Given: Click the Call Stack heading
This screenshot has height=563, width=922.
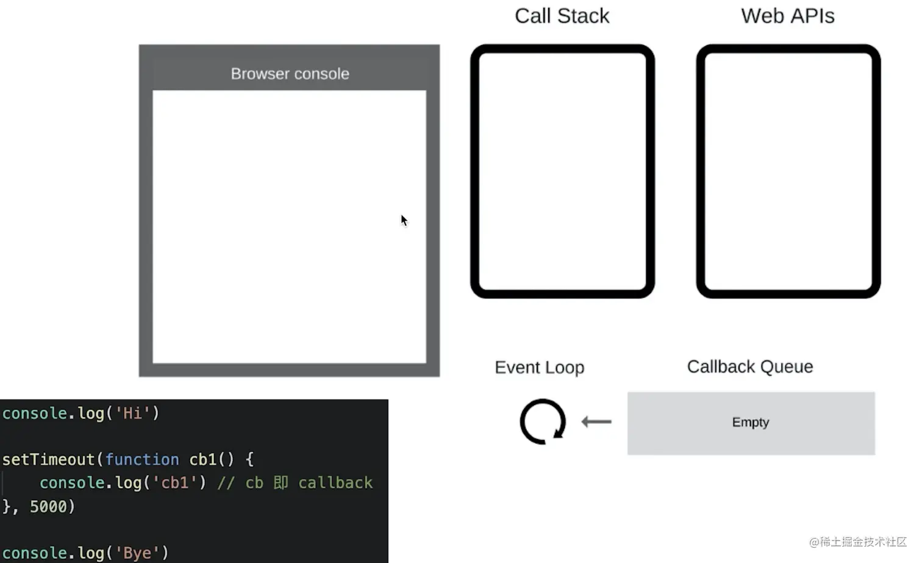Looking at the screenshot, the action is (x=562, y=16).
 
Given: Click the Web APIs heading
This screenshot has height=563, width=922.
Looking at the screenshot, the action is (x=788, y=16).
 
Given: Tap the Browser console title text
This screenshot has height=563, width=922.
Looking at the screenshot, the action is (x=290, y=74).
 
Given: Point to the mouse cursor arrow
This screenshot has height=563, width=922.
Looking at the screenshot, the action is (x=404, y=220).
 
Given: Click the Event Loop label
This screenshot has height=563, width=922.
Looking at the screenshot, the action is (x=539, y=367).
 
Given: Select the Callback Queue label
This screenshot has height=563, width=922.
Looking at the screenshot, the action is (x=750, y=367).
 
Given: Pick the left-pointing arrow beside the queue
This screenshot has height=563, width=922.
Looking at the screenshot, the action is (x=596, y=421).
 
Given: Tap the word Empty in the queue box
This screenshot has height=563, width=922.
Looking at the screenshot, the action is (x=751, y=422).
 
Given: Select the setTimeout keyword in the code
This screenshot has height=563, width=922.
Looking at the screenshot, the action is (x=49, y=459).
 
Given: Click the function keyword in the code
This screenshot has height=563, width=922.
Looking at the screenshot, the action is (x=143, y=459).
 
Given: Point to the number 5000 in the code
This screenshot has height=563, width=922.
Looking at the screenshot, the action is (x=48, y=506).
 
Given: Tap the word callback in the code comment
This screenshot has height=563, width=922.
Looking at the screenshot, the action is (x=335, y=482).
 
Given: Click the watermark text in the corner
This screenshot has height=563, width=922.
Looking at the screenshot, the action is (x=858, y=542).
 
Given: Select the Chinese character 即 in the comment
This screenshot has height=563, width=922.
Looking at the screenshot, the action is (x=281, y=482).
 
